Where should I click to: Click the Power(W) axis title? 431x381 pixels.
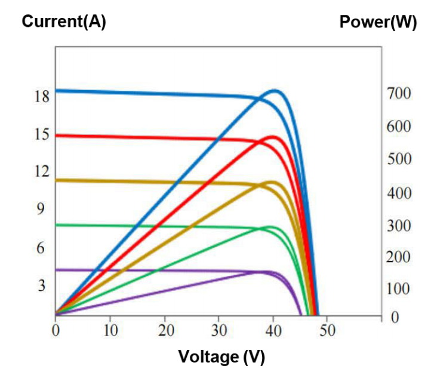tap(378, 22)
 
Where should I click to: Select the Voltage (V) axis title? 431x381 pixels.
tap(221, 357)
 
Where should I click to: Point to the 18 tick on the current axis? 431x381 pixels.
tap(41, 97)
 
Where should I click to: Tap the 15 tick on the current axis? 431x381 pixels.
tap(41, 134)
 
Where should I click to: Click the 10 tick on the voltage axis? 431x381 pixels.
tap(110, 330)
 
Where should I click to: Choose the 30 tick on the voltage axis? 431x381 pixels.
tap(218, 330)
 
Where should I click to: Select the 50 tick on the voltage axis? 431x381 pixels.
tap(327, 330)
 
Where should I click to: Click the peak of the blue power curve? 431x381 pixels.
tap(275, 90)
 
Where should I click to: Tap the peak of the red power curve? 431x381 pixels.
tap(274, 137)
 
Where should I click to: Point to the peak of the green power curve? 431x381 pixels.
tap(272, 227)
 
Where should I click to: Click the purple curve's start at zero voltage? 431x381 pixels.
tap(56, 270)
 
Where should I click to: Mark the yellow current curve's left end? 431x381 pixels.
tap(56, 180)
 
